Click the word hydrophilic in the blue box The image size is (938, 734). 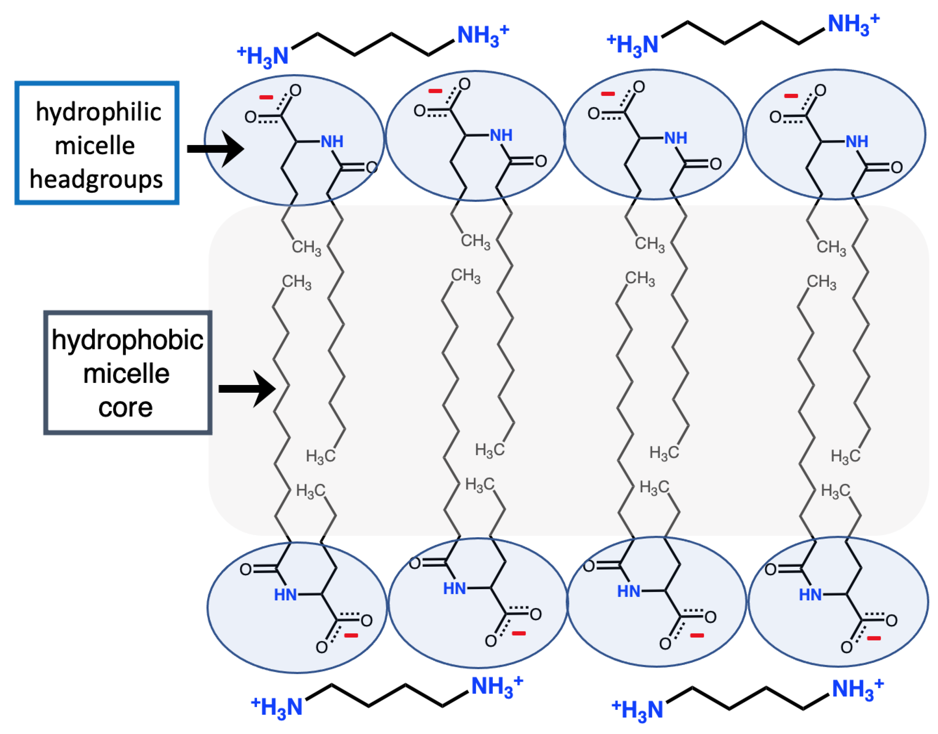98,113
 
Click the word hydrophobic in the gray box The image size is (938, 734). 127,340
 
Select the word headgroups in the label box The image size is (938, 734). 96,180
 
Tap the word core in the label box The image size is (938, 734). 125,407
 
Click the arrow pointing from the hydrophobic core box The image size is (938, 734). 247,389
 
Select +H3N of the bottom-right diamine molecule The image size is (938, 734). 637,710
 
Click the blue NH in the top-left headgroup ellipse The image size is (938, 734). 332,141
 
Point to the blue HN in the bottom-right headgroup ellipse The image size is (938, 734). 810,595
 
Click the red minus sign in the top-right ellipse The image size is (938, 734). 791,95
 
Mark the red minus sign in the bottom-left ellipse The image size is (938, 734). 351,635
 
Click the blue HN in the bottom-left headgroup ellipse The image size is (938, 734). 285,595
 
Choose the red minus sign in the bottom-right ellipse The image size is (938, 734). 874,638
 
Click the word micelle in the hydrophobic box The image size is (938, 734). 126,374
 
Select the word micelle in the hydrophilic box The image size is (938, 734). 95,146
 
